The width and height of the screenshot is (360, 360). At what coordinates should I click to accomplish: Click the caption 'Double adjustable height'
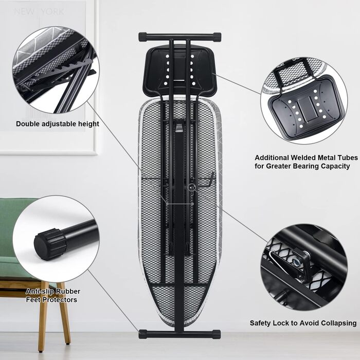[58, 123]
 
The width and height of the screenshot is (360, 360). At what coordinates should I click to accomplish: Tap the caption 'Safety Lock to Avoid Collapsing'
[303, 323]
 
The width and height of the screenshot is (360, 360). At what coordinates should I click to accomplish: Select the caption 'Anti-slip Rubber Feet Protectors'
[53, 295]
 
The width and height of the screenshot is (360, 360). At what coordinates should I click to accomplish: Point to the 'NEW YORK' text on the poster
[39, 11]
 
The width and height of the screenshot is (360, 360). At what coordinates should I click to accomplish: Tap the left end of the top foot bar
[142, 37]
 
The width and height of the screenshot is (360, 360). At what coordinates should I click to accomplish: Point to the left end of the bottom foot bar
[142, 334]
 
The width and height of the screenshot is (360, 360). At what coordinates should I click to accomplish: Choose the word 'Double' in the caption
[28, 123]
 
